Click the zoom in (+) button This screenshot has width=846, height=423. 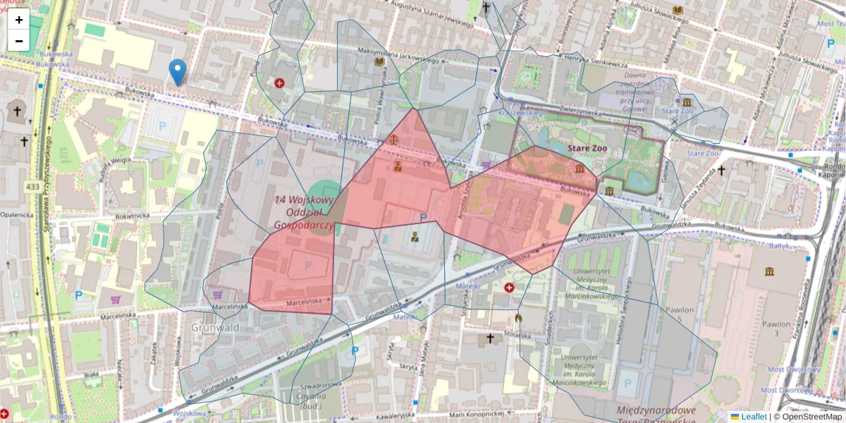pyautogui.click(x=19, y=20)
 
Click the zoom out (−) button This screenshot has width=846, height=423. pyautogui.click(x=19, y=41)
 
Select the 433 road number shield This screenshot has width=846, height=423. pyautogui.click(x=32, y=187)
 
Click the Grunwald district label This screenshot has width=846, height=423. pyautogui.click(x=215, y=327)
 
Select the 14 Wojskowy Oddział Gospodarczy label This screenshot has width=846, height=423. pyautogui.click(x=304, y=212)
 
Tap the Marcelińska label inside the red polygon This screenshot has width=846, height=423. pyautogui.click(x=302, y=303)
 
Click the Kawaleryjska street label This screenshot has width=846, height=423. pyautogui.click(x=384, y=415)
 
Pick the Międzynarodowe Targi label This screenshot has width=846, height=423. pyautogui.click(x=656, y=410)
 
